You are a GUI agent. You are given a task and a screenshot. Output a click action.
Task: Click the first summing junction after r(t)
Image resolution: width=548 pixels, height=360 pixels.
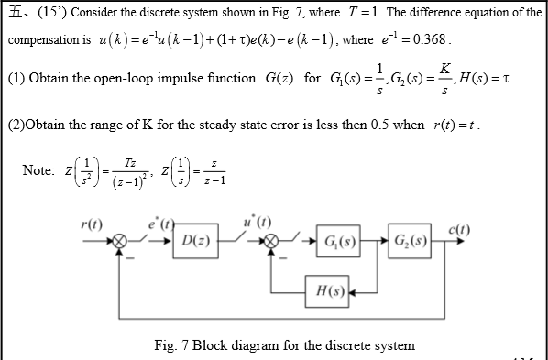118,244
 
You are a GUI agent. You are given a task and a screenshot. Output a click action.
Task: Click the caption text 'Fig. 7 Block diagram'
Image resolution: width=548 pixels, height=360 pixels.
284,345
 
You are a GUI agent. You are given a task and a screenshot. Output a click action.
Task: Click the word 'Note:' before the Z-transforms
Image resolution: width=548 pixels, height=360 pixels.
38,171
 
